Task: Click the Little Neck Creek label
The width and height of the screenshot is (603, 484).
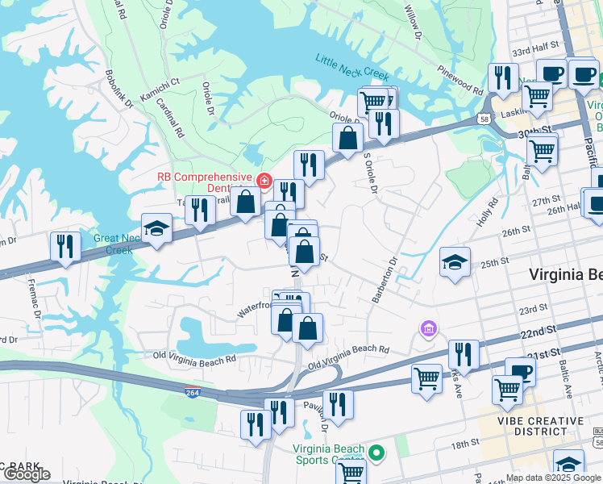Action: (x=352, y=60)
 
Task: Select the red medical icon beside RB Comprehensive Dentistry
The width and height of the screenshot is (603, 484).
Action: (x=264, y=179)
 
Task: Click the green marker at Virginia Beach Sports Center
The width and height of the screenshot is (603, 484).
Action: (x=376, y=451)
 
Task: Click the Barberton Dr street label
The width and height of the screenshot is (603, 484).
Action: (x=385, y=280)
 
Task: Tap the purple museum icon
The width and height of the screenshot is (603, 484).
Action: (x=428, y=328)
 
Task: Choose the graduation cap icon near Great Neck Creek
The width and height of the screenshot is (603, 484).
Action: (x=156, y=229)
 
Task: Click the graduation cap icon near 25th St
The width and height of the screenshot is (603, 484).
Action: (x=455, y=263)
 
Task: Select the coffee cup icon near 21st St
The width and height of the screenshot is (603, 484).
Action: (x=520, y=372)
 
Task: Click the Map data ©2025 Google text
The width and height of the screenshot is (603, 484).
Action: (x=553, y=478)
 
